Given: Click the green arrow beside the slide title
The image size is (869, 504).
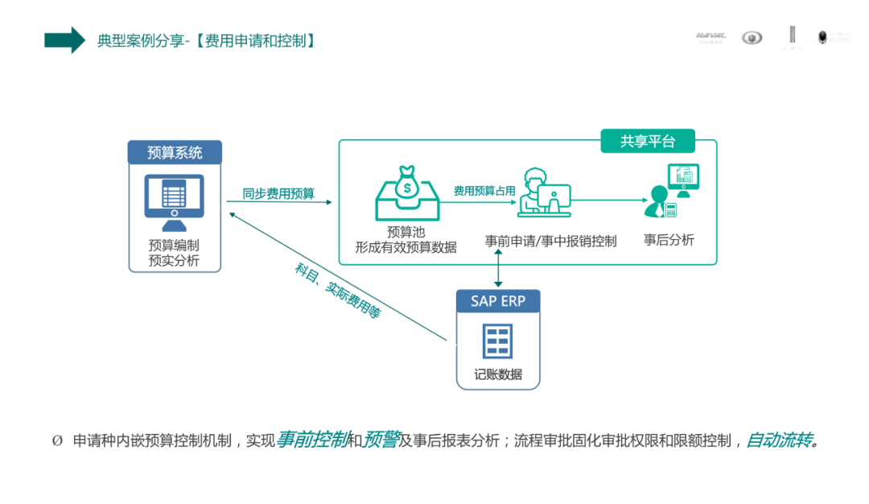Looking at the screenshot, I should point(64,39).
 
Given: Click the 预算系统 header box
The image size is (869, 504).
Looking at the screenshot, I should point(175,152).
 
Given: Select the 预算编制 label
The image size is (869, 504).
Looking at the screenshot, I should point(174,245).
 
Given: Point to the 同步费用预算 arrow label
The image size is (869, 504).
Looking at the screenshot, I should point(278,194).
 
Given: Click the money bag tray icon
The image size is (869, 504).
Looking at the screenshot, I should point(406,192).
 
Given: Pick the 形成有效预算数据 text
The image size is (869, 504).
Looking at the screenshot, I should point(406,248).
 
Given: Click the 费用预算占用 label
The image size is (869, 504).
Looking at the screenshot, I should point(484,191).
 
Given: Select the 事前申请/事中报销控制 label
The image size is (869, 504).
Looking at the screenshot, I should point(550,241).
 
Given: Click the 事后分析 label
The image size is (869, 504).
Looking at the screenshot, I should point(669,240).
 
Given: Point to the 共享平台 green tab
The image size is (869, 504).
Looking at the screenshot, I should point(647,142).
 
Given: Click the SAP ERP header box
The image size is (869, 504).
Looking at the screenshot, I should point(498,302).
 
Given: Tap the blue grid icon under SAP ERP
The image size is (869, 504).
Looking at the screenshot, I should point(497,341).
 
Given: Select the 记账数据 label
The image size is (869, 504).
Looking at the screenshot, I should point(498,374).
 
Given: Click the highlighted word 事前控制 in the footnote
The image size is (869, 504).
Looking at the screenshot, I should point(312,440).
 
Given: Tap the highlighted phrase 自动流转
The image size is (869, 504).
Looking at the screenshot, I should point(778,440).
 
